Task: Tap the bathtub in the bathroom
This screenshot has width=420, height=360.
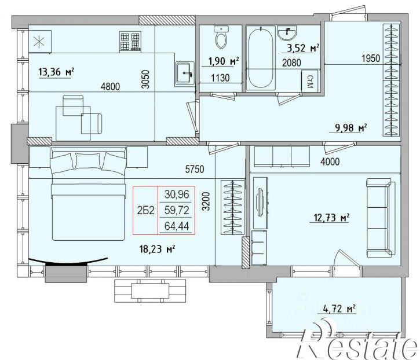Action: (x=261, y=58)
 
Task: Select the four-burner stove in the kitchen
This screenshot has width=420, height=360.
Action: (x=130, y=42)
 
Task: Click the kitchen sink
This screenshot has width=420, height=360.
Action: (x=185, y=73)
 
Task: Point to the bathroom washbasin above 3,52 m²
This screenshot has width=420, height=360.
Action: (x=287, y=34)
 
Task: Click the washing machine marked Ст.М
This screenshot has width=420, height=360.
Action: (x=310, y=80)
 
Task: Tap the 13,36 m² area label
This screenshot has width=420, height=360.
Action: (x=56, y=72)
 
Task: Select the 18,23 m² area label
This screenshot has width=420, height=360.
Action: (x=157, y=249)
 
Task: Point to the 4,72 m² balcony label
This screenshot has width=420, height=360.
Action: (x=339, y=308)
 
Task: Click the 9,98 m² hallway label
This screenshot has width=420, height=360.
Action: (x=351, y=128)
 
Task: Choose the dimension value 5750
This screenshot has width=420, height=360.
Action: (x=195, y=169)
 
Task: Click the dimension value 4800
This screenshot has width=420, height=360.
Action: (x=110, y=86)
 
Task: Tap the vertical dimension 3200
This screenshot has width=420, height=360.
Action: (x=206, y=201)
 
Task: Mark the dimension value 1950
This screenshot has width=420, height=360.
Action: (x=371, y=58)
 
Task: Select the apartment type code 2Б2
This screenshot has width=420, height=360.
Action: (x=146, y=210)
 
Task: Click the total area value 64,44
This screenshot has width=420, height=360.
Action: (x=177, y=226)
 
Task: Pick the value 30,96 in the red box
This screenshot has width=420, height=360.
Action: (x=177, y=194)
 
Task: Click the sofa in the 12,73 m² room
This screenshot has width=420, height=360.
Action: (x=381, y=218)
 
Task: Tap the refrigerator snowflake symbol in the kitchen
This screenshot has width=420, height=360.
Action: (x=39, y=42)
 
